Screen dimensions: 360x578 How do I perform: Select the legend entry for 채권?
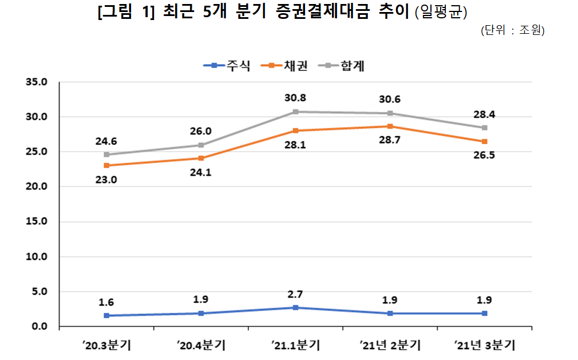click(x=284, y=66)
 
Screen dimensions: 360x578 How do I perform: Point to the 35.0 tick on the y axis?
click(x=36, y=82)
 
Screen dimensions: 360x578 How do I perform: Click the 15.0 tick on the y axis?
click(x=36, y=222)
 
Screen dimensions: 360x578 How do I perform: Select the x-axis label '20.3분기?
click(x=106, y=346)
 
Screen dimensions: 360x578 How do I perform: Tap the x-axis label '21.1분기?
click(x=295, y=346)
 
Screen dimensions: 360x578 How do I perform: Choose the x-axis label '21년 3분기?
click(x=484, y=346)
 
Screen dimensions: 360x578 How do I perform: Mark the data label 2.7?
click(x=295, y=295)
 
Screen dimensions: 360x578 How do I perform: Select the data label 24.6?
click(x=106, y=141)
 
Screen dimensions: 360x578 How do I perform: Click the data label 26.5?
click(x=484, y=155)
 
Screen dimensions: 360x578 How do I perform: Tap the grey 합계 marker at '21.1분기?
click(x=295, y=112)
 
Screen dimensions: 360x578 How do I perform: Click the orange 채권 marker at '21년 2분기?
click(x=390, y=126)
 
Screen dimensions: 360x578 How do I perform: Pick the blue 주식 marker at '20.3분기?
click(x=106, y=315)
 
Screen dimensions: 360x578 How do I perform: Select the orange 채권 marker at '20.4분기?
click(x=201, y=159)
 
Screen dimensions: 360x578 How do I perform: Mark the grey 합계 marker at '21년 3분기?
click(x=484, y=128)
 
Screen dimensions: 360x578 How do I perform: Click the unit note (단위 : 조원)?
click(x=512, y=30)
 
